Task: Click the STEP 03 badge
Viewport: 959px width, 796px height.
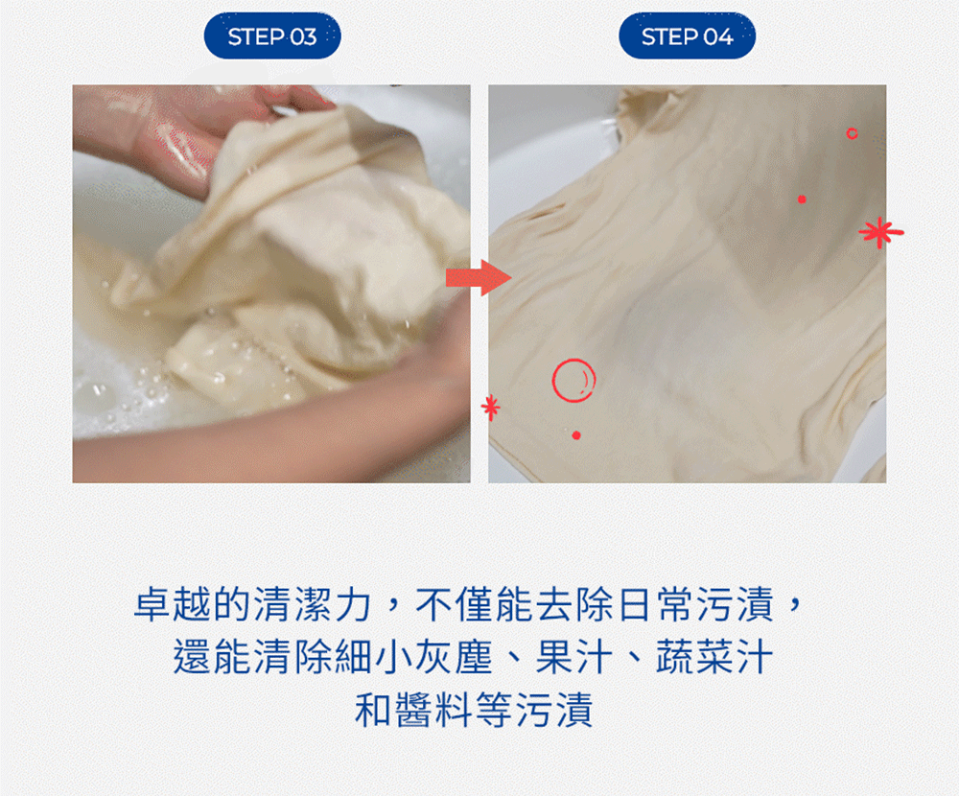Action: point(272,36)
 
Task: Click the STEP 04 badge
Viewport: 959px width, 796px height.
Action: point(687,36)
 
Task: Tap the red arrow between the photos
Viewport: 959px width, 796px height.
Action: point(479,278)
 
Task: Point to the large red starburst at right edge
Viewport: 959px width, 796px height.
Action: point(880,232)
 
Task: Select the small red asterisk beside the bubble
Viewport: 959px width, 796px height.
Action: point(490,407)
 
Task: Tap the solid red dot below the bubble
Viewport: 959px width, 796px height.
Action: point(576,435)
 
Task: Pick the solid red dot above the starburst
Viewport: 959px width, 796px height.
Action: point(802,199)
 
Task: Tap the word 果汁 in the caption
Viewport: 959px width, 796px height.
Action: point(574,657)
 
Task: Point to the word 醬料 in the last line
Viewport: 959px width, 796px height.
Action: point(434,710)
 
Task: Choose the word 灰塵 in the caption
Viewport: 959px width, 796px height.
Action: point(454,657)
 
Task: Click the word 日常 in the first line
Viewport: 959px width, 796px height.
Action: point(655,604)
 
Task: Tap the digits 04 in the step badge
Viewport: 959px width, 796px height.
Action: point(717,37)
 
